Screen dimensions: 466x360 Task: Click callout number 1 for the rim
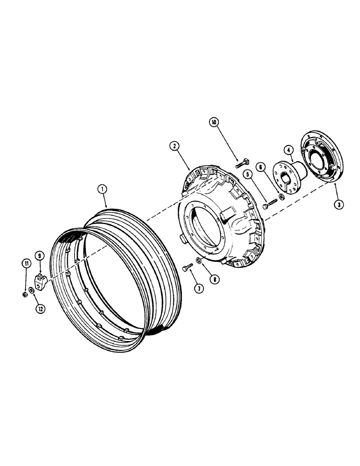102,190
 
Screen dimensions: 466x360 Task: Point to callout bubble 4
289,150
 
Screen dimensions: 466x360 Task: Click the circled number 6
261,166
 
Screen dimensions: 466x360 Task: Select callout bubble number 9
40,255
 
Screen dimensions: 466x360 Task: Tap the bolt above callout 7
188,268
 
